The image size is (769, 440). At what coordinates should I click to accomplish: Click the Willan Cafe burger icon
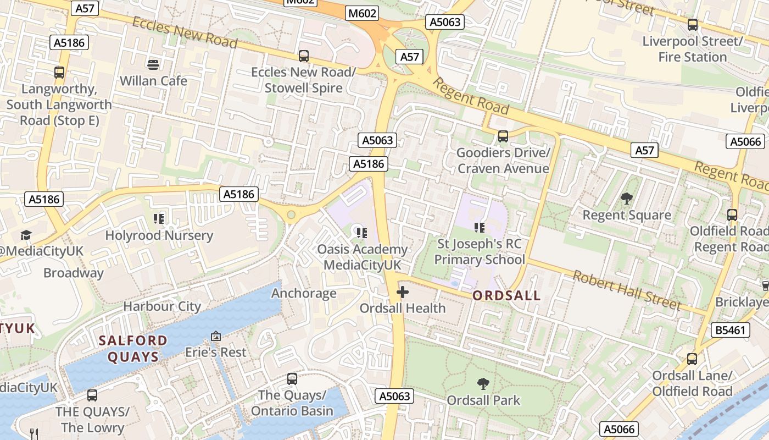click(x=153, y=64)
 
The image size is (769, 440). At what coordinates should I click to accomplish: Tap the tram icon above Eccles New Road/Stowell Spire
click(x=303, y=56)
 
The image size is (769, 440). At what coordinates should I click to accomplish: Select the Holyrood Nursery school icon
click(x=159, y=219)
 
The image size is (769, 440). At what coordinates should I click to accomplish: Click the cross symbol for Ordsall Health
click(x=403, y=292)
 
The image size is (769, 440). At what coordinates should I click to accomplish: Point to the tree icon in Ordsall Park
click(x=483, y=383)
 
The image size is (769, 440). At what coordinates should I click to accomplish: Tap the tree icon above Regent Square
click(x=626, y=199)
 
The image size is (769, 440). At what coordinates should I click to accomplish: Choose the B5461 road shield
click(x=730, y=330)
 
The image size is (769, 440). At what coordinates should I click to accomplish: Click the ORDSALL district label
click(x=506, y=296)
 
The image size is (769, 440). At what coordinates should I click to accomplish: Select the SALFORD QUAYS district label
click(x=133, y=349)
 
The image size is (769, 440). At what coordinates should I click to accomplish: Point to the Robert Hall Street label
click(x=627, y=290)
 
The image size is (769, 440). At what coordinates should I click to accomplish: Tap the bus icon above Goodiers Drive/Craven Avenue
click(x=503, y=136)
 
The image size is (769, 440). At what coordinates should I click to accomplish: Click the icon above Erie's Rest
click(x=216, y=335)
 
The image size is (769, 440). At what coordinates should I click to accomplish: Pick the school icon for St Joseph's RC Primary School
click(x=480, y=227)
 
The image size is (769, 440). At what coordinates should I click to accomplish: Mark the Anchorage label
click(x=304, y=293)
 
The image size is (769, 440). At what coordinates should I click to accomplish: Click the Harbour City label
click(x=162, y=306)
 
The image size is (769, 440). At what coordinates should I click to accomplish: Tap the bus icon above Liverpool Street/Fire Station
click(x=693, y=25)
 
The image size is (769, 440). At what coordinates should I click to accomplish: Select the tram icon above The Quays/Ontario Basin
click(x=292, y=379)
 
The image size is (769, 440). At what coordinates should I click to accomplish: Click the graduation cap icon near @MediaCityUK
click(x=26, y=235)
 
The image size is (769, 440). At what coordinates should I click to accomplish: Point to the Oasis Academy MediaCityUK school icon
click(x=361, y=233)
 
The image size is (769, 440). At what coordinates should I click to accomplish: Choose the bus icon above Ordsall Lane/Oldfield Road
click(x=692, y=359)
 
